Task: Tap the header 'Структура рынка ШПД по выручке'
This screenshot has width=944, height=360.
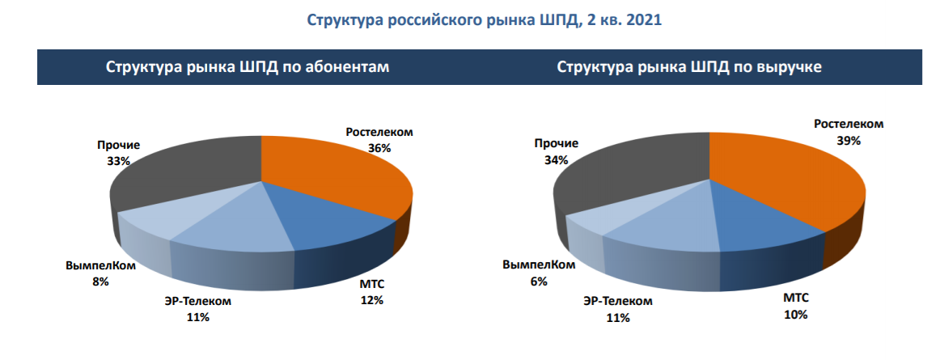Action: coord(689,67)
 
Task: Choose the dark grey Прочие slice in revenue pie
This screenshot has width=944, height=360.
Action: coord(631,174)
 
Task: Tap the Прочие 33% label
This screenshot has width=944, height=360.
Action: coord(118,153)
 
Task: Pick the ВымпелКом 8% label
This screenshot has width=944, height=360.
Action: coord(100,273)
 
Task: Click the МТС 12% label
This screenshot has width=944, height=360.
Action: coord(372,292)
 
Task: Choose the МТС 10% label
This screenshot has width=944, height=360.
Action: coord(796,306)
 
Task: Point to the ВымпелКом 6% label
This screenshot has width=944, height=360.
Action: coord(539,273)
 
